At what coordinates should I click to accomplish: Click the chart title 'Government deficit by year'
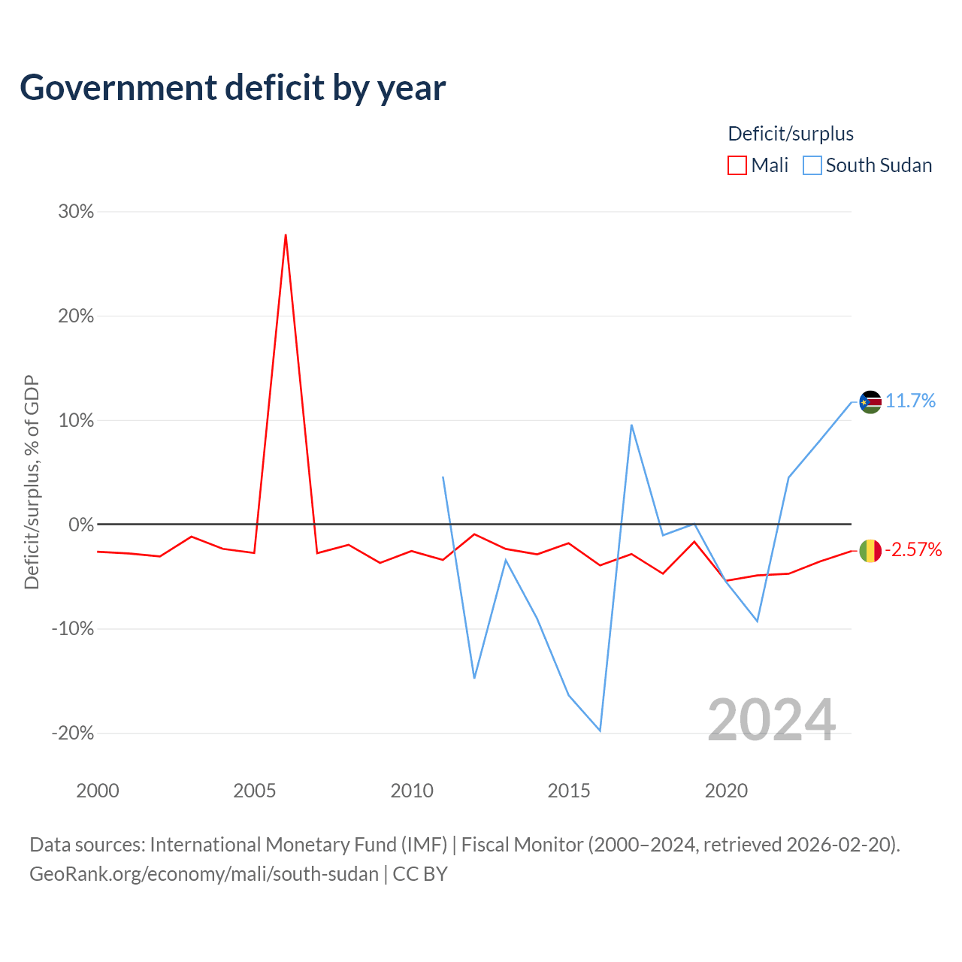[232, 88]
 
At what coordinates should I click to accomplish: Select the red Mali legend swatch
[737, 165]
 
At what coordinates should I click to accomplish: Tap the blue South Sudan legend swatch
[812, 165]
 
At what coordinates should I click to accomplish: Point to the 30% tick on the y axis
[76, 211]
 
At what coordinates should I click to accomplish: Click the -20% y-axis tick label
[73, 733]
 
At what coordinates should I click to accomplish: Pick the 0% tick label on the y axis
[81, 524]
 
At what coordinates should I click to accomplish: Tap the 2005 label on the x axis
[255, 791]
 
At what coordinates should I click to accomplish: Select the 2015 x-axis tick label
[569, 791]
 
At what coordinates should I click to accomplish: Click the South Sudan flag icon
[870, 402]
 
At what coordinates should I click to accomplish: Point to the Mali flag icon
[870, 551]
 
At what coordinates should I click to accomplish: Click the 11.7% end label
[911, 401]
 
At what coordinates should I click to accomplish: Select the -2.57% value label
[914, 549]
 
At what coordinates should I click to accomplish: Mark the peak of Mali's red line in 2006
[286, 234]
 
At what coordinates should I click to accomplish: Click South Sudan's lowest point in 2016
[600, 731]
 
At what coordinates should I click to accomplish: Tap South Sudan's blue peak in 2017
[631, 425]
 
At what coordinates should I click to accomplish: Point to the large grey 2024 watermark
[772, 720]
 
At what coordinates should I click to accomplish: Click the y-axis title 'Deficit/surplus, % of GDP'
[32, 482]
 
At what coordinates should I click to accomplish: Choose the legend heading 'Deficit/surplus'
[791, 134]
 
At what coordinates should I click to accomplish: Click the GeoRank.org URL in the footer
[204, 874]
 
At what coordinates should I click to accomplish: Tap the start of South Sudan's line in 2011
[443, 477]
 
